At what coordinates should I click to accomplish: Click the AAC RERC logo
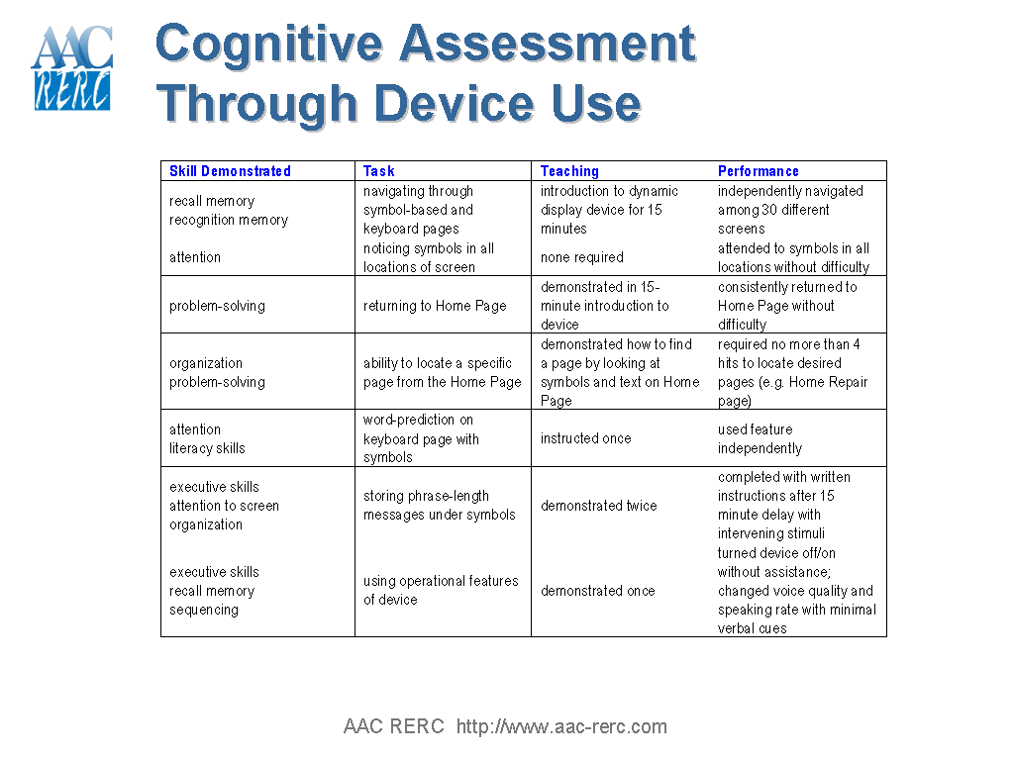[x=71, y=68]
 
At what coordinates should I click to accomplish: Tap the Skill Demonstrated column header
[x=230, y=171]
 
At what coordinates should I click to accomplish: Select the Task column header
[x=379, y=171]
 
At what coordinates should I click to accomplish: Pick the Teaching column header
[x=569, y=171]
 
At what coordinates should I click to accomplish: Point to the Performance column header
[x=759, y=171]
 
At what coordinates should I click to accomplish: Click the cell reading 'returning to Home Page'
[x=435, y=306]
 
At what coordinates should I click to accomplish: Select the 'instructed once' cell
[x=585, y=438]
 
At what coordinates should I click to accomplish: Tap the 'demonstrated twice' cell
[x=598, y=506]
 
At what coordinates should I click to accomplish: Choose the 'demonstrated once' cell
[x=597, y=591]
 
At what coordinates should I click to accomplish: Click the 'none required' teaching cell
[x=582, y=257]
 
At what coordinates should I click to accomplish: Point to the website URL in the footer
[x=561, y=727]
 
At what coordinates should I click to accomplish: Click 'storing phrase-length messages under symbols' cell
[x=440, y=506]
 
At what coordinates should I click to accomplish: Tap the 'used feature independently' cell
[x=760, y=438]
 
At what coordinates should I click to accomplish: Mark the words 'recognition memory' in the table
[x=229, y=220]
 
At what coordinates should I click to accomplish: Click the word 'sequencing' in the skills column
[x=204, y=610]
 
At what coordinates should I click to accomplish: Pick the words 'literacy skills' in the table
[x=207, y=448]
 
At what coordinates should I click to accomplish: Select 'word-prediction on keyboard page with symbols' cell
[x=421, y=438]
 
